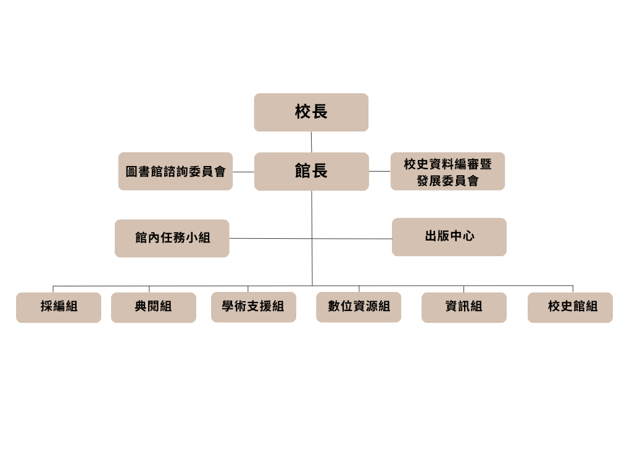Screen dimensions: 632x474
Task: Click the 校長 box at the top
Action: [311, 112]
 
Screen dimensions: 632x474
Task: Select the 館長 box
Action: [312, 172]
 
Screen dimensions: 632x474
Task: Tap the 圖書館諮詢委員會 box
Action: [175, 172]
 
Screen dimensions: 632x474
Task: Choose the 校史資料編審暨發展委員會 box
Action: [447, 172]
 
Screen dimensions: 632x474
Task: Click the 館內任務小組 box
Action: [172, 238]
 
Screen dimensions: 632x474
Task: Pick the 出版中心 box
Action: [449, 237]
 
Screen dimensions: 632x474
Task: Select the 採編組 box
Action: [59, 307]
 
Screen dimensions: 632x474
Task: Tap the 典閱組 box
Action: [154, 307]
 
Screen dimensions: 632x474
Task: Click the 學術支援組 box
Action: [254, 307]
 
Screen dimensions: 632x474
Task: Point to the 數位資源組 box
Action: [359, 307]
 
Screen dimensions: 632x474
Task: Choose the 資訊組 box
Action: [464, 307]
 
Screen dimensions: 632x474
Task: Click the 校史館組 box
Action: [570, 307]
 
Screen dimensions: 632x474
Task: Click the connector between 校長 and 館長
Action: [311, 142]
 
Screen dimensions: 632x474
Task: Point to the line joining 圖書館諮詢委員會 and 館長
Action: [243, 172]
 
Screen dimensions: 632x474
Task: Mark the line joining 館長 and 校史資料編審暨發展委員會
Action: [380, 172]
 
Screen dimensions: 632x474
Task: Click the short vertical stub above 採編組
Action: [53, 289]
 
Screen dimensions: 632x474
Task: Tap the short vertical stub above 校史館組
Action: [573, 289]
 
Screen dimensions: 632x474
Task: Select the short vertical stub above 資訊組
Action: [464, 289]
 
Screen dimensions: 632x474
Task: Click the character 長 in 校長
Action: [320, 112]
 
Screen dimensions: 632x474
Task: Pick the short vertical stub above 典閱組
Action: [149, 289]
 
